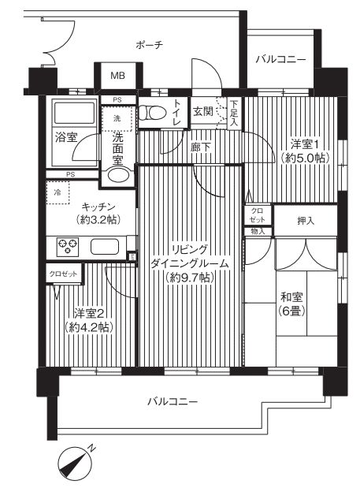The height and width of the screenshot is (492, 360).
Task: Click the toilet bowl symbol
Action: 153,112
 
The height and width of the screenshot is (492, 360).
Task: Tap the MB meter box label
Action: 117,76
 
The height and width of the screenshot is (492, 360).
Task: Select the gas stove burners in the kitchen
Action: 68,246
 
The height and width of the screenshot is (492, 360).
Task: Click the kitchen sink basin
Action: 105,246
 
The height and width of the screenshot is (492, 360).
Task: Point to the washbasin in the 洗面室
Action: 118,176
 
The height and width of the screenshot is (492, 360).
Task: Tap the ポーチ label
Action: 149,45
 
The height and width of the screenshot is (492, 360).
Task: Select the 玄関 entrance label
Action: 203,111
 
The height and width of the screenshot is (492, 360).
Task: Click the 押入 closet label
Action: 306,221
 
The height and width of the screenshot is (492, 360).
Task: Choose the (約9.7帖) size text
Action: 190,278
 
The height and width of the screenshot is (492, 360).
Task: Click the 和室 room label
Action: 291,296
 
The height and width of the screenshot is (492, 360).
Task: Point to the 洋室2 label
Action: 89,314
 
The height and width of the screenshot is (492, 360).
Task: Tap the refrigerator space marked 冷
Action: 58,192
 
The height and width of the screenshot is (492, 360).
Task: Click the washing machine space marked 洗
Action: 117,118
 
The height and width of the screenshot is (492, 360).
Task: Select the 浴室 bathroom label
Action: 66,137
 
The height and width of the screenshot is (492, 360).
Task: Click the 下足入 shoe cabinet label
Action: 234,113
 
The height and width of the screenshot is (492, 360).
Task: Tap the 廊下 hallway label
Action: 200,147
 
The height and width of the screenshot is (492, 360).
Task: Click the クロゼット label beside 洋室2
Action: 63,274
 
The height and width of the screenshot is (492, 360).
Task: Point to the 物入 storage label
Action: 258,232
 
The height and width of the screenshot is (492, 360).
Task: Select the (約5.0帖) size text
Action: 305,157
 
